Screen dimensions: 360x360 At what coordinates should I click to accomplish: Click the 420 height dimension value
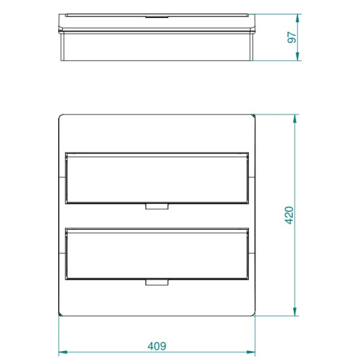point(289,215)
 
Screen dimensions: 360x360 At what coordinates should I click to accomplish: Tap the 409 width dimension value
point(157,346)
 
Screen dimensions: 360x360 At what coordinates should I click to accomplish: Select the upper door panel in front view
point(157,178)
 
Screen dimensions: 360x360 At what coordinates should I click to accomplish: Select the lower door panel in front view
point(157,254)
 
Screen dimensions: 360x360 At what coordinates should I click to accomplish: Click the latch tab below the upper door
point(157,207)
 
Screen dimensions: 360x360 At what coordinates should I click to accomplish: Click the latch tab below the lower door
point(157,283)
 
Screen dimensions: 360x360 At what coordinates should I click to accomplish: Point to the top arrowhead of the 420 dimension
point(295,119)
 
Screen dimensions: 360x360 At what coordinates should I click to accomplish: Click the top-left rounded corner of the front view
point(61,116)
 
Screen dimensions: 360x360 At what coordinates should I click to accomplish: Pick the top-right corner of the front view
point(254,116)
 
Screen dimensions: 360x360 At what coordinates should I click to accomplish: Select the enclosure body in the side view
point(157,45)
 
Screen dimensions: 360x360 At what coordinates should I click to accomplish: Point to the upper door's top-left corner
point(65,154)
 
